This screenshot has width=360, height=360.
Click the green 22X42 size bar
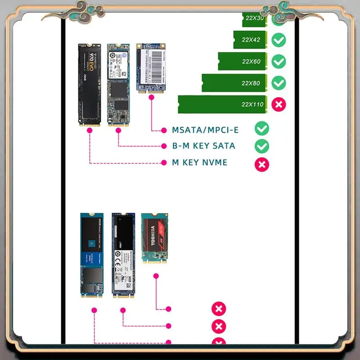pyautogui.click(x=250, y=40)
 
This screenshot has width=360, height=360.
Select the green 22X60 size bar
pyautogui.click(x=243, y=61)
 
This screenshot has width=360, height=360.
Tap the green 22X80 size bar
pyautogui.click(x=234, y=83)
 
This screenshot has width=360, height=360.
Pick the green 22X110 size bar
pyautogui.click(x=223, y=104)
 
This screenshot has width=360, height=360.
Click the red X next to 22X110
pyautogui.click(x=279, y=104)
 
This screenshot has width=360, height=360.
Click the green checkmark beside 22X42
pyautogui.click(x=279, y=40)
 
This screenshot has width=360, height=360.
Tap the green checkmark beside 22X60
pyautogui.click(x=279, y=61)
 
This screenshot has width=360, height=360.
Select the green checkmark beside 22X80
pyautogui.click(x=279, y=83)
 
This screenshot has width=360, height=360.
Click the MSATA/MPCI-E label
pyautogui.click(x=205, y=130)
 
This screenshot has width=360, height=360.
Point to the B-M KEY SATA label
pyautogui.click(x=203, y=146)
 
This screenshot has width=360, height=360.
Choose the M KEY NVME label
pyautogui.click(x=200, y=162)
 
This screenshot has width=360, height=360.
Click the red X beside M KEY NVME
pyautogui.click(x=262, y=164)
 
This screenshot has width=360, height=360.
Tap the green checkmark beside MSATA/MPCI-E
pyautogui.click(x=262, y=129)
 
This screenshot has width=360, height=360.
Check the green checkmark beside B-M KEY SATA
pyautogui.click(x=262, y=146)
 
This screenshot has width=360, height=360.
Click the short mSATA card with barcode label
pyautogui.click(x=151, y=67)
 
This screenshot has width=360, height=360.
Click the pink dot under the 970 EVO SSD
pyautogui.click(x=90, y=130)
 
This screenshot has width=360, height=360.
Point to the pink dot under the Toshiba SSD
pyautogui.click(x=156, y=275)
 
